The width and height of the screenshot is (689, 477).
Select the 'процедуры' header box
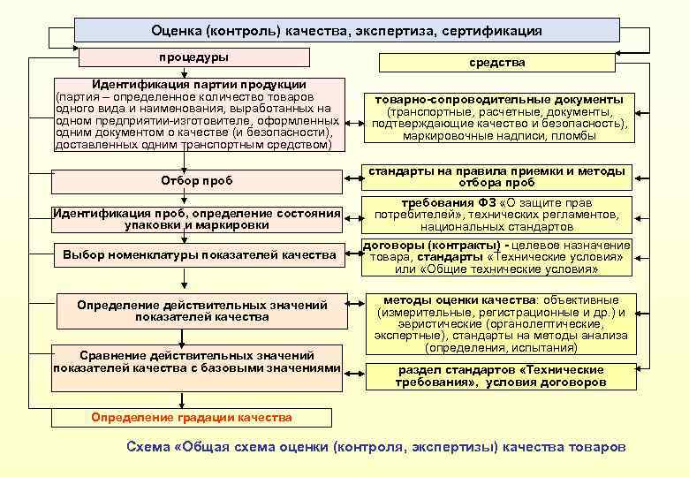(x=194, y=57)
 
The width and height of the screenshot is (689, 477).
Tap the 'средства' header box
(x=496, y=63)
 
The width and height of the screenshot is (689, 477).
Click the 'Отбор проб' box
(x=197, y=180)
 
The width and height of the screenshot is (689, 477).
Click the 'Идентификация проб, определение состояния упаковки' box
(x=197, y=218)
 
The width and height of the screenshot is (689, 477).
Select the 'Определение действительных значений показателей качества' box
(x=201, y=310)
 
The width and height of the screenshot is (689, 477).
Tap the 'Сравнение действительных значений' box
(x=197, y=360)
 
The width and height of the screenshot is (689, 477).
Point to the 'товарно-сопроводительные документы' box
(x=500, y=118)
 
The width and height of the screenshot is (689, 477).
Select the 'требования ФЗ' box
(x=498, y=215)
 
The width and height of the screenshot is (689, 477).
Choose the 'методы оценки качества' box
(x=500, y=323)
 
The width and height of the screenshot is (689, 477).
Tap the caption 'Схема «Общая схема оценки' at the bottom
(x=376, y=447)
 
